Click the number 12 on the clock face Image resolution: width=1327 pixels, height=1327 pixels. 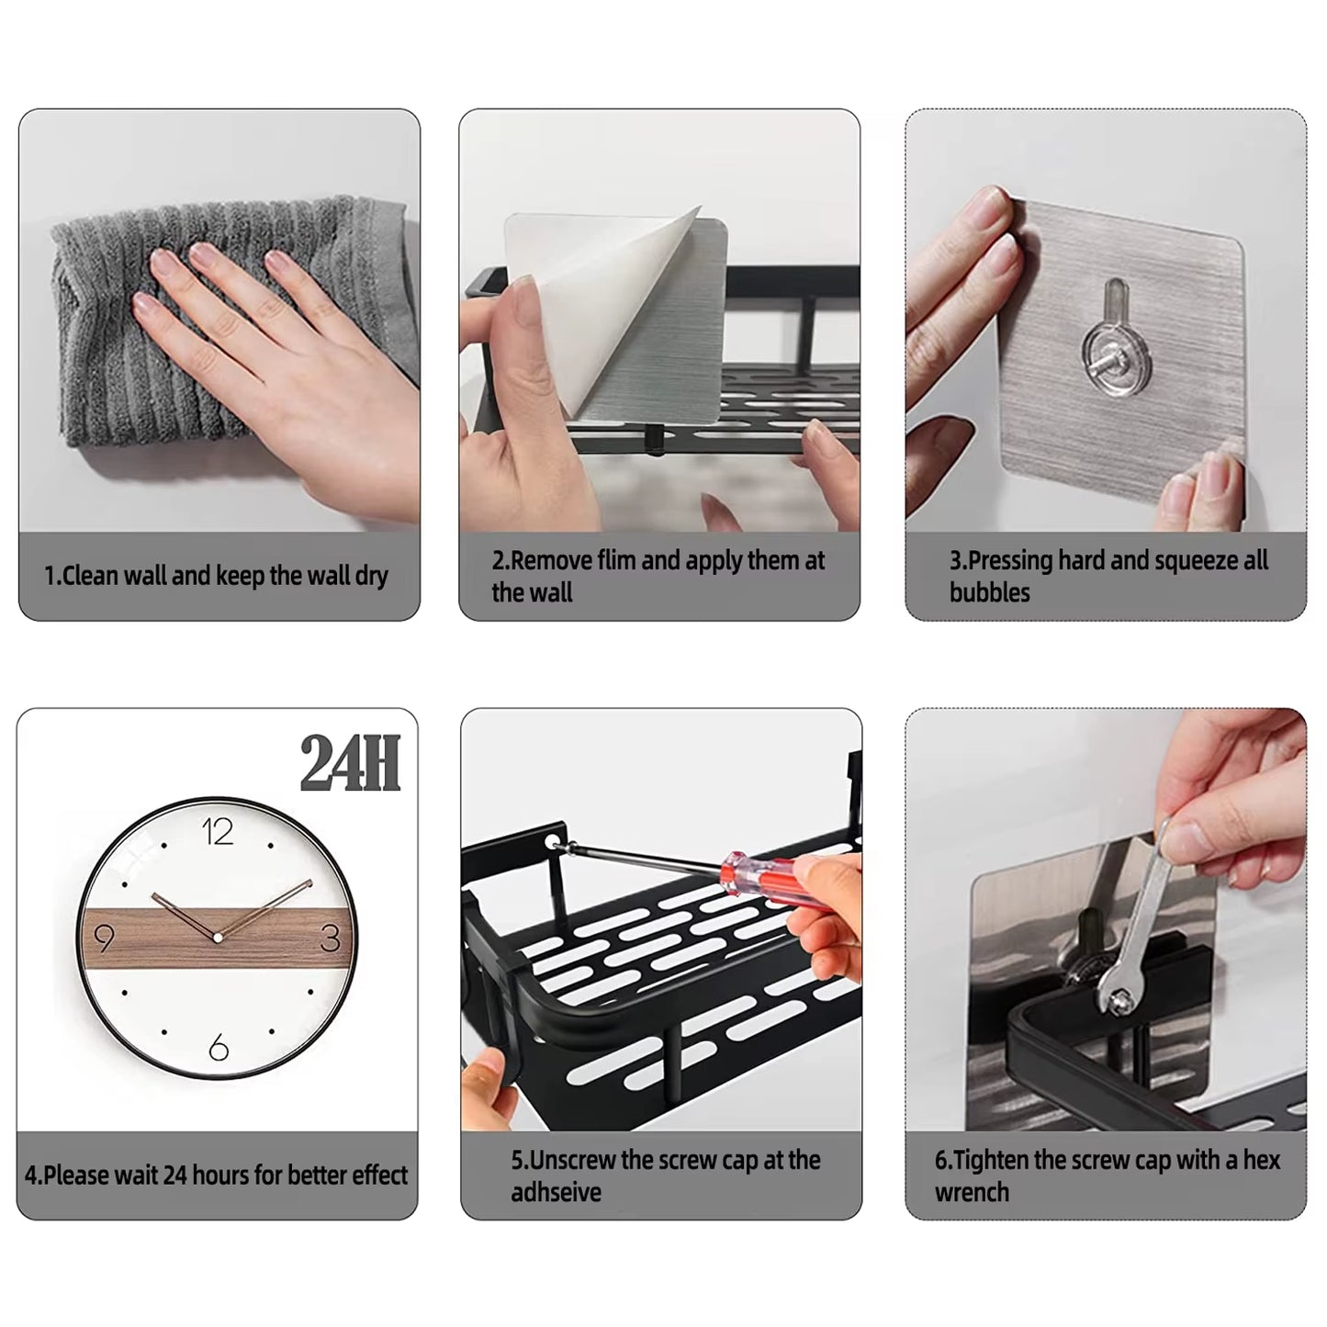[x=218, y=832]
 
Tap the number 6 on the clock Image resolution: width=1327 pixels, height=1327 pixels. [x=219, y=1047]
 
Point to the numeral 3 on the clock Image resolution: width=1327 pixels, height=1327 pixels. [x=331, y=939]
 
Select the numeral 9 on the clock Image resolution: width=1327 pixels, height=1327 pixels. [x=104, y=939]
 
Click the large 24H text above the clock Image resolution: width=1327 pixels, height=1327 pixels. [x=351, y=764]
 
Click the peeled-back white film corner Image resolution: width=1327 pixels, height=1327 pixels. [x=634, y=303]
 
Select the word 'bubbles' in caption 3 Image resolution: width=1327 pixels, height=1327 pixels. [x=989, y=592]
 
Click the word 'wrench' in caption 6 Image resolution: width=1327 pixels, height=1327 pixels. [x=972, y=1192]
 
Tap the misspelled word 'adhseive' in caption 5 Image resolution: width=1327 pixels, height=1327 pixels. [x=557, y=1192]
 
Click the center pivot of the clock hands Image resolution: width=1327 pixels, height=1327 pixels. [x=218, y=938]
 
